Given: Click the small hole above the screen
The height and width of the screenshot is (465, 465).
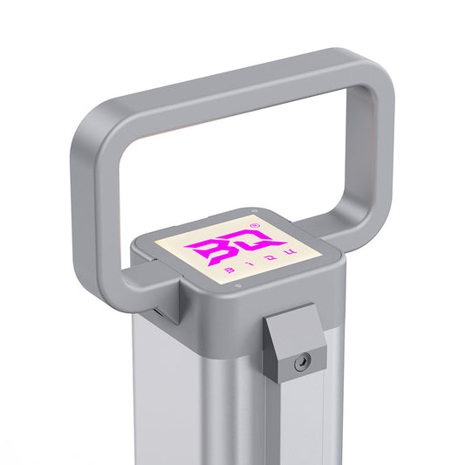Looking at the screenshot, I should tap(253, 210).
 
